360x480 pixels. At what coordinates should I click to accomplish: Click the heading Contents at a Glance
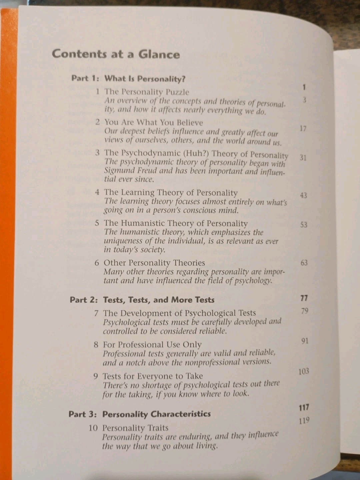click(116, 54)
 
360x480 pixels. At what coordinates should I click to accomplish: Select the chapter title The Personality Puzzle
click(147, 92)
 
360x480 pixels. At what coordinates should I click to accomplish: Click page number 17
click(303, 128)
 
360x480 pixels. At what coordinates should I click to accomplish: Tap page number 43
click(303, 195)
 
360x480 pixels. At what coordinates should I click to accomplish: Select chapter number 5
click(97, 223)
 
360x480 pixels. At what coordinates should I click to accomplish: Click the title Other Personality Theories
click(154, 263)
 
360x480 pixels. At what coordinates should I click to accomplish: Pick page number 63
click(304, 263)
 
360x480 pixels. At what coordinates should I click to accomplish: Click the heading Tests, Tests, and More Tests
click(159, 300)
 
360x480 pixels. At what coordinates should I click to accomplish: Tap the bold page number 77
click(304, 298)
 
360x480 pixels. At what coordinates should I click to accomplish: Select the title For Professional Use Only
click(152, 344)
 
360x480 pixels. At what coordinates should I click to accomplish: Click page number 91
click(305, 341)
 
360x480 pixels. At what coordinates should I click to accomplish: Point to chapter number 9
click(96, 376)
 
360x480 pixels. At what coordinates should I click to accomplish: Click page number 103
click(304, 371)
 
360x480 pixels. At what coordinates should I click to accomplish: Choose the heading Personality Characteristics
click(156, 414)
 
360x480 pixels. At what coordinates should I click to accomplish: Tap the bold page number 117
click(304, 407)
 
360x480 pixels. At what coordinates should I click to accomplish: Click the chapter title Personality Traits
click(135, 428)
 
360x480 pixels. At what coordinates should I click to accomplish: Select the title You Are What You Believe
click(153, 122)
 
